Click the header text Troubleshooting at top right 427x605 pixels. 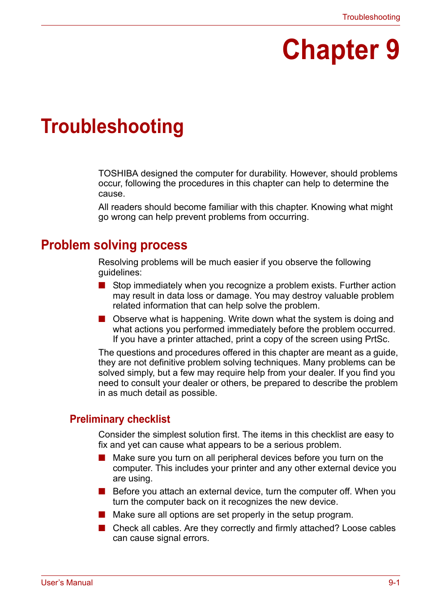click(371, 17)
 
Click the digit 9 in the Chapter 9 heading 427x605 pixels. click(392, 50)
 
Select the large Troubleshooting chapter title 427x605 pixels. click(112, 126)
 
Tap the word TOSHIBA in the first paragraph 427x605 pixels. click(118, 173)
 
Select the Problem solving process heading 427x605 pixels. click(114, 245)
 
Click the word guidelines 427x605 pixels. click(119, 272)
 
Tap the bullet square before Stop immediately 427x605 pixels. click(102, 285)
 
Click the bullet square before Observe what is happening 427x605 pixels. click(102, 319)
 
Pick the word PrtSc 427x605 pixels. click(376, 339)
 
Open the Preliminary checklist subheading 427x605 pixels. click(120, 419)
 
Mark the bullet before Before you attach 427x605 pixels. click(102, 491)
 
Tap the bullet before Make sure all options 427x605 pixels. click(102, 515)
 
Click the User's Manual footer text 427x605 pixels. click(67, 583)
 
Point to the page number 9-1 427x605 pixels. click(394, 583)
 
